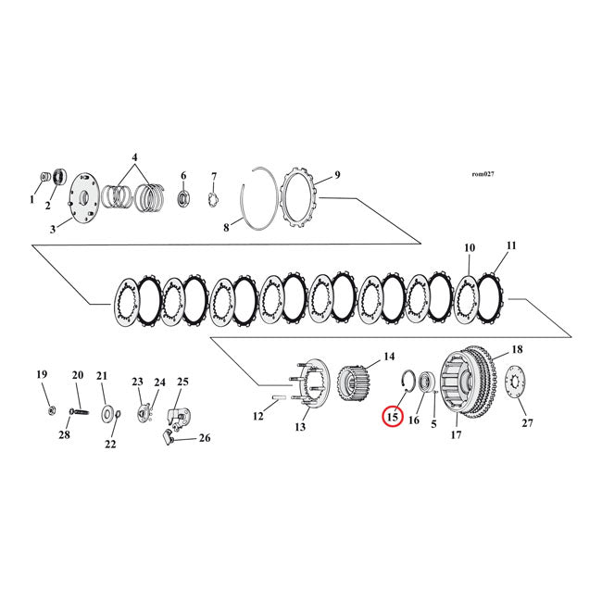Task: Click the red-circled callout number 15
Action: (392, 418)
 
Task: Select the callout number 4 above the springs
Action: (134, 157)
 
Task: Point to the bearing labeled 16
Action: (427, 383)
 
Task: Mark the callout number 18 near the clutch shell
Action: (517, 349)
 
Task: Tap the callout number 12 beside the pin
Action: (258, 417)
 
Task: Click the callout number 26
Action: (205, 439)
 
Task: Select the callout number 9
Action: (337, 175)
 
